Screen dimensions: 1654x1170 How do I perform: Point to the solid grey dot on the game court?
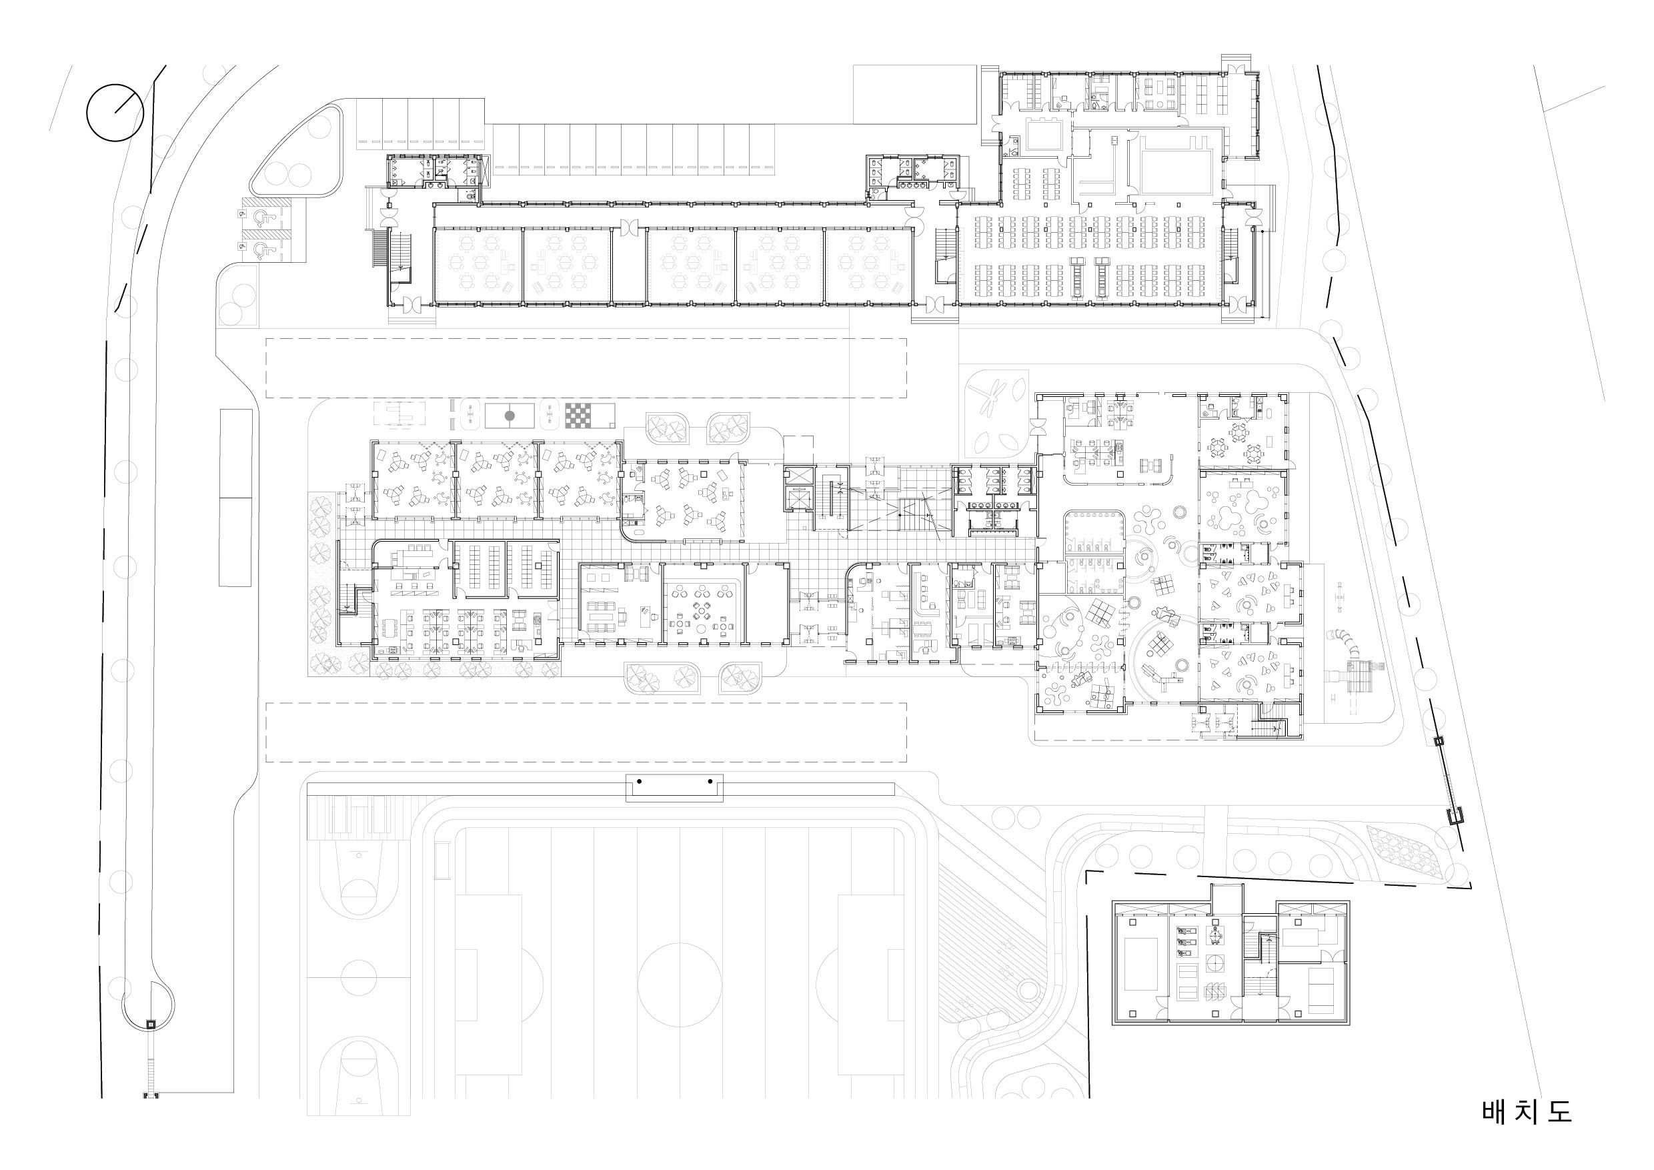(x=510, y=416)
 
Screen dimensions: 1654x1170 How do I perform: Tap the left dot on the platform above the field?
(x=639, y=781)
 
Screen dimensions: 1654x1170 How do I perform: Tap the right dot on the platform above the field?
(x=710, y=781)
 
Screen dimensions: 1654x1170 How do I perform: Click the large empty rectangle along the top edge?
(x=915, y=94)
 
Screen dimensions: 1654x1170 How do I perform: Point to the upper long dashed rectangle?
(x=586, y=368)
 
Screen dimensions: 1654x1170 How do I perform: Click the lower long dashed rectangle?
(x=586, y=732)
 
